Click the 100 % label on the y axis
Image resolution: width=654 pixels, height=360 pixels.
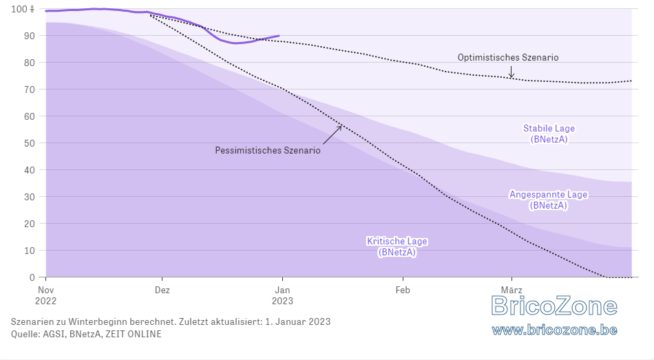23,9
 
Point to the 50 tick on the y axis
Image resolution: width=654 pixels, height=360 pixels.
29,143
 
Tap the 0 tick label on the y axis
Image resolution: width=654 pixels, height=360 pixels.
32,277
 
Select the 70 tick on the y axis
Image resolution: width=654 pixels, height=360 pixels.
29,89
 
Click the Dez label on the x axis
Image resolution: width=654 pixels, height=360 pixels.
162,290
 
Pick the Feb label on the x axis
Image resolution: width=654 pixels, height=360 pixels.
403,290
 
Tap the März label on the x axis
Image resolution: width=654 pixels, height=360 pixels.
511,290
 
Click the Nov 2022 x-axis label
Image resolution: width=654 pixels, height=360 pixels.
46,295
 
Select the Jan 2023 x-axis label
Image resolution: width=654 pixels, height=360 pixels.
282,295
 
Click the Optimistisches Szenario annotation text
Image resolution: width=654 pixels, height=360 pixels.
508,58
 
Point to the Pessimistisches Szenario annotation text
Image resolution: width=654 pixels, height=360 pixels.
268,150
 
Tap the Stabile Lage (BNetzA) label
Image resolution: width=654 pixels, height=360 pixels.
549,134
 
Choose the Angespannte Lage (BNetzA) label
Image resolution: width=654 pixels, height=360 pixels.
549,200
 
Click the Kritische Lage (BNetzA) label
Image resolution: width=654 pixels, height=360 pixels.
397,246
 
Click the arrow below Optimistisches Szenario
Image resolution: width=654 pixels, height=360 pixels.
511,72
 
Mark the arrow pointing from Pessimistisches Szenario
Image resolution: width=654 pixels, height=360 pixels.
333,135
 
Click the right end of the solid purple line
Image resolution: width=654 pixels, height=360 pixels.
279,36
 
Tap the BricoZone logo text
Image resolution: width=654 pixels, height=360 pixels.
554,306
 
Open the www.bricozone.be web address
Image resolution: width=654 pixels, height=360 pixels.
554,330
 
